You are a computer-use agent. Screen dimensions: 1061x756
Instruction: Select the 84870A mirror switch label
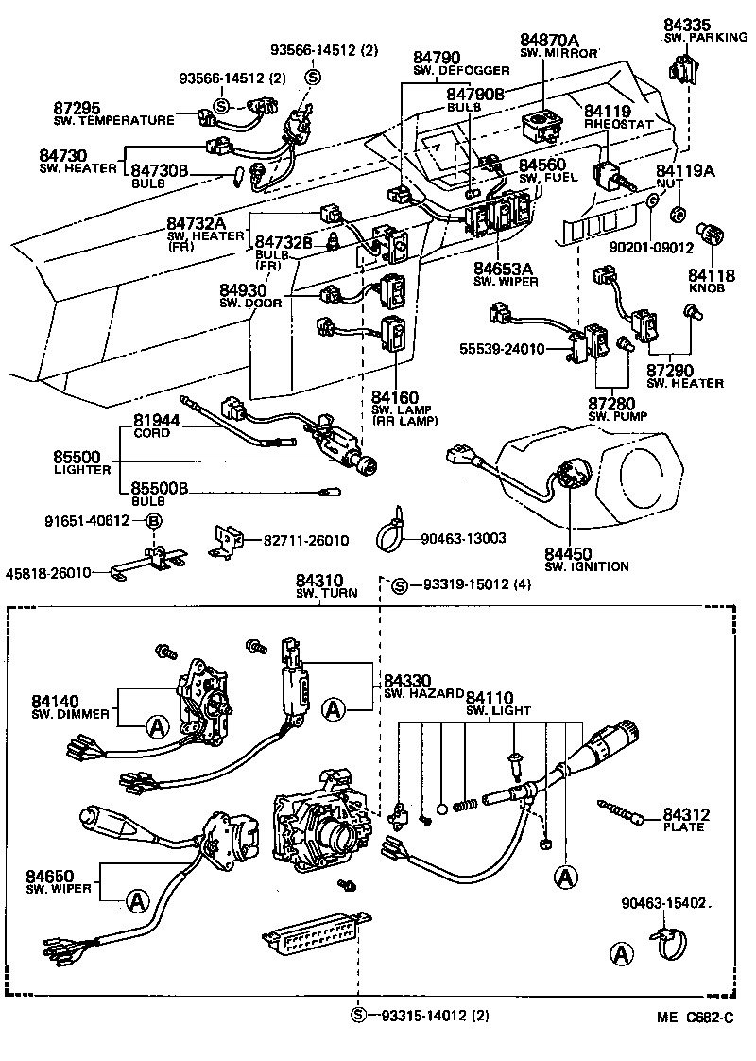pos(550,40)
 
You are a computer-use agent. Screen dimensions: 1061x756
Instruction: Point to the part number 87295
pos(77,109)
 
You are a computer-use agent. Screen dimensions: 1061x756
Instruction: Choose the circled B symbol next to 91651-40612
pos(152,521)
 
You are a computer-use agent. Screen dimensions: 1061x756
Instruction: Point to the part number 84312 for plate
pos(685,814)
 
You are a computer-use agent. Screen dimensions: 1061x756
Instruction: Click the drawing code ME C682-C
pos(696,1018)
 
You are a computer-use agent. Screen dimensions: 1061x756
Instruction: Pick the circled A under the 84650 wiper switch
pos(138,901)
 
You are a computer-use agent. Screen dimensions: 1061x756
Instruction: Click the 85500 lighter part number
pos(77,457)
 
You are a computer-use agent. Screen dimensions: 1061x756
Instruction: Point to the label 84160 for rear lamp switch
pos(394,395)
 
